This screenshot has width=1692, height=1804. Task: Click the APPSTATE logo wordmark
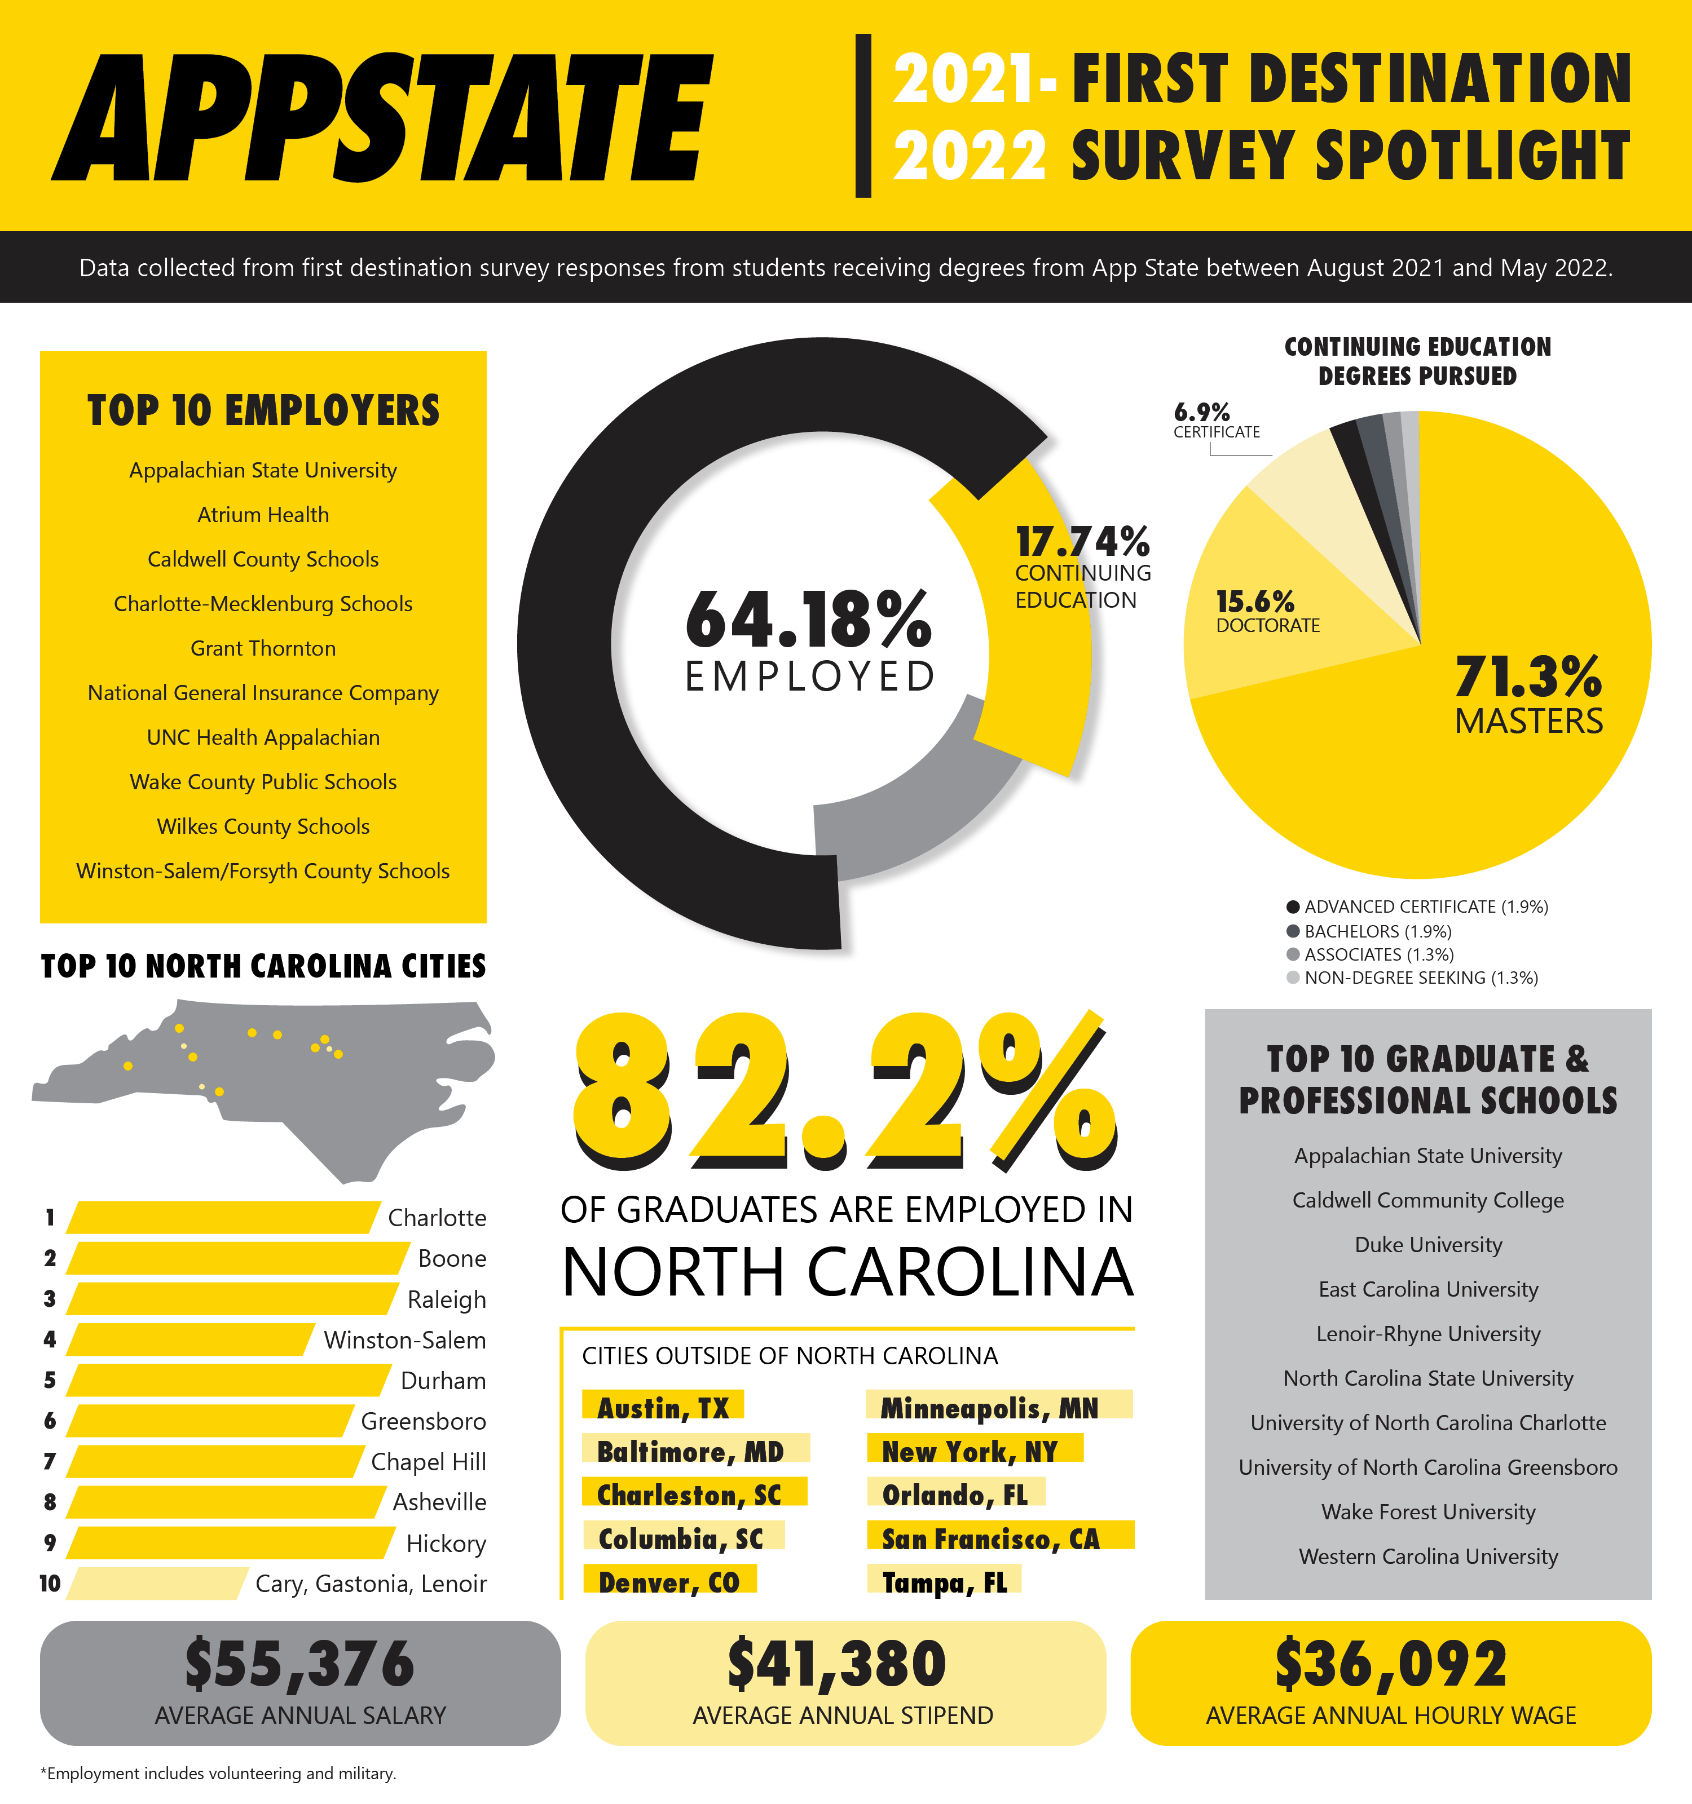click(381, 118)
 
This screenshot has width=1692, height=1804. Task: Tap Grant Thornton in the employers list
click(263, 648)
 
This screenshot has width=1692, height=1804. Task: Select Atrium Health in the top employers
click(263, 515)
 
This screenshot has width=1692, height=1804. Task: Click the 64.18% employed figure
click(808, 620)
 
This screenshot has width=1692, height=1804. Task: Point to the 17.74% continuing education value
click(1082, 543)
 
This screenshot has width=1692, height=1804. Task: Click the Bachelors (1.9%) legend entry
click(1377, 931)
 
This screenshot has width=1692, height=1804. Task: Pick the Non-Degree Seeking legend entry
click(1421, 978)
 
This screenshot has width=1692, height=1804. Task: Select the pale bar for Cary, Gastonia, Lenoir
click(156, 1584)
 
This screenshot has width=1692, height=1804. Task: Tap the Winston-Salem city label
click(405, 1340)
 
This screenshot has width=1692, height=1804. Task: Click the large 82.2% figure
click(844, 1089)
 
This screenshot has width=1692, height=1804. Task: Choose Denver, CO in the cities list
click(669, 1582)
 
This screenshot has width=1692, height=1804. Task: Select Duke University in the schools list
click(1428, 1245)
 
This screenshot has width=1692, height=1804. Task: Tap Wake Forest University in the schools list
click(1428, 1512)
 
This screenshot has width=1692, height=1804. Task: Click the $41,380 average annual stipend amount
click(837, 1664)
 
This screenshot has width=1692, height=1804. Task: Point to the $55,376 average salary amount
click(299, 1664)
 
